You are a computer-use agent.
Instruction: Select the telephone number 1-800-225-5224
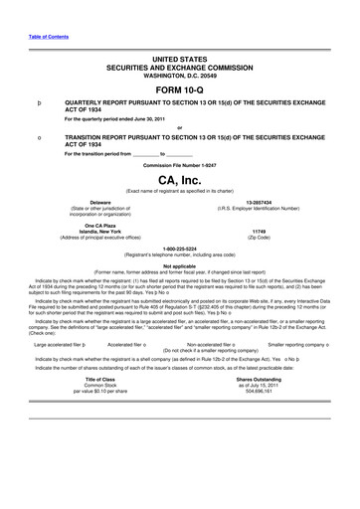click(179, 251)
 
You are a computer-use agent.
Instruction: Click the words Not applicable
click(179, 265)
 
